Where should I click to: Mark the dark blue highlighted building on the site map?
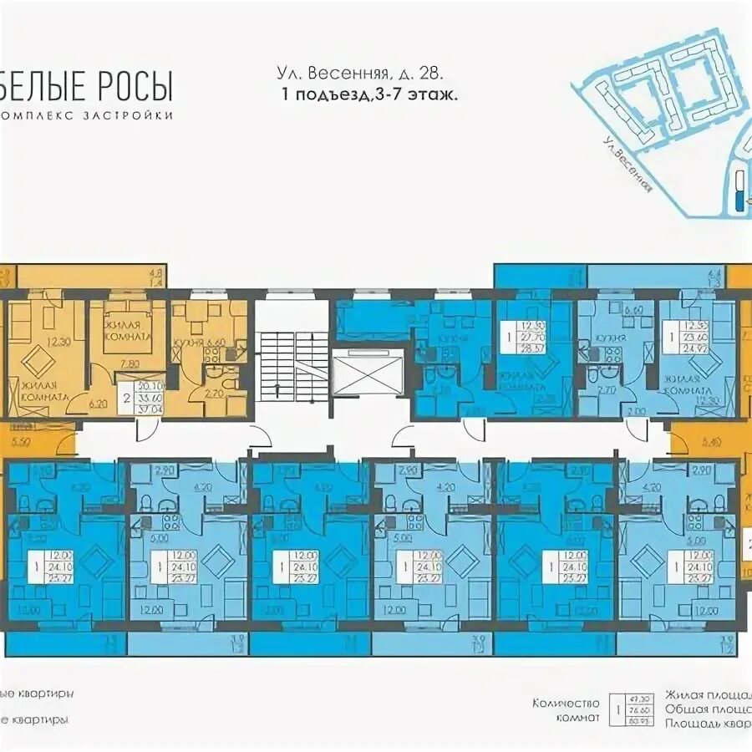737,199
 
